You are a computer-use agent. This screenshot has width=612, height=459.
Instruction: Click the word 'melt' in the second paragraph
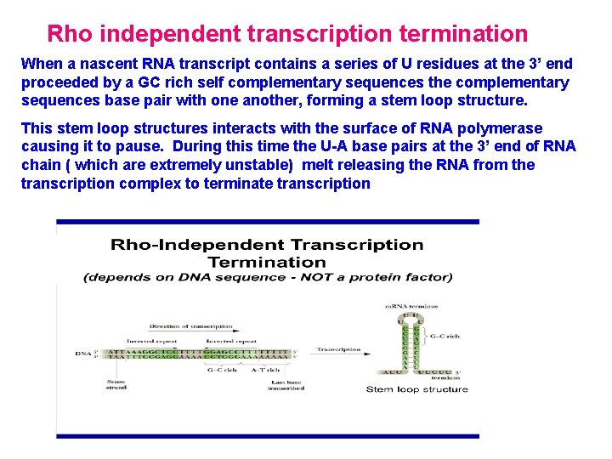(x=320, y=165)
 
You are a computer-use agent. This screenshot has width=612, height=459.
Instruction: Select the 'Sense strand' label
(x=116, y=385)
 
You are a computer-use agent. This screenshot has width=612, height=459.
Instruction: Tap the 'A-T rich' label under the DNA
(x=266, y=369)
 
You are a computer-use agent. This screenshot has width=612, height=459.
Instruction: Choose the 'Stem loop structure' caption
(x=416, y=389)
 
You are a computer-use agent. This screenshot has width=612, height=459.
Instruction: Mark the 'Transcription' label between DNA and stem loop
(x=338, y=349)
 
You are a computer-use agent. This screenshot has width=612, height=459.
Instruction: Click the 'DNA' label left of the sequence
(x=82, y=353)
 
